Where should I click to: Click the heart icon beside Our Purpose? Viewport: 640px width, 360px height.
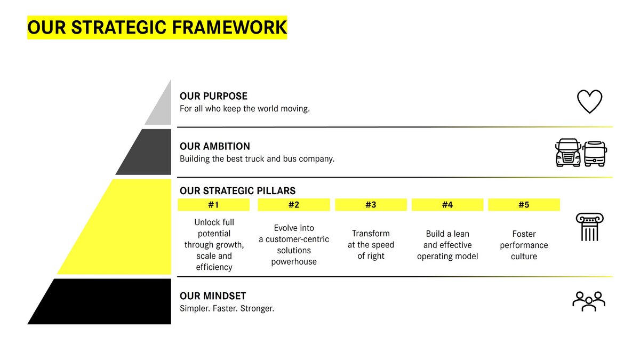pos(589,101)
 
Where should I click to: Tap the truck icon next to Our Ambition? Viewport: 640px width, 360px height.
pos(568,153)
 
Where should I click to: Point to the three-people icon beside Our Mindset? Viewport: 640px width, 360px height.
pos(589,301)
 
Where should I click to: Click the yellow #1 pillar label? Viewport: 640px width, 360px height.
pos(213,205)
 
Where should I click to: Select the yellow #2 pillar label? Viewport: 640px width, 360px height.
pos(293,205)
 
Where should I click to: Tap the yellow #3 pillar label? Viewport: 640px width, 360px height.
pos(371,205)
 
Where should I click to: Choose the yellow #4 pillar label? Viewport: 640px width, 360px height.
pos(447,205)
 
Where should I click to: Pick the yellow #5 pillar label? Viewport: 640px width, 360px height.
pos(524,205)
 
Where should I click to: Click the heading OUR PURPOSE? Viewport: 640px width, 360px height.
pos(213,97)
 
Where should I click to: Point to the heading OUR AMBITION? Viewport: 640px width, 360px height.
pos(215,146)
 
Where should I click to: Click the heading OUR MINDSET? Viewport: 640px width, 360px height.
pos(213,296)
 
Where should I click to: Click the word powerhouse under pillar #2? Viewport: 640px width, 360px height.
pos(293,261)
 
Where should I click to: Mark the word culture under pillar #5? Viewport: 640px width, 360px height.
pos(524,256)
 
